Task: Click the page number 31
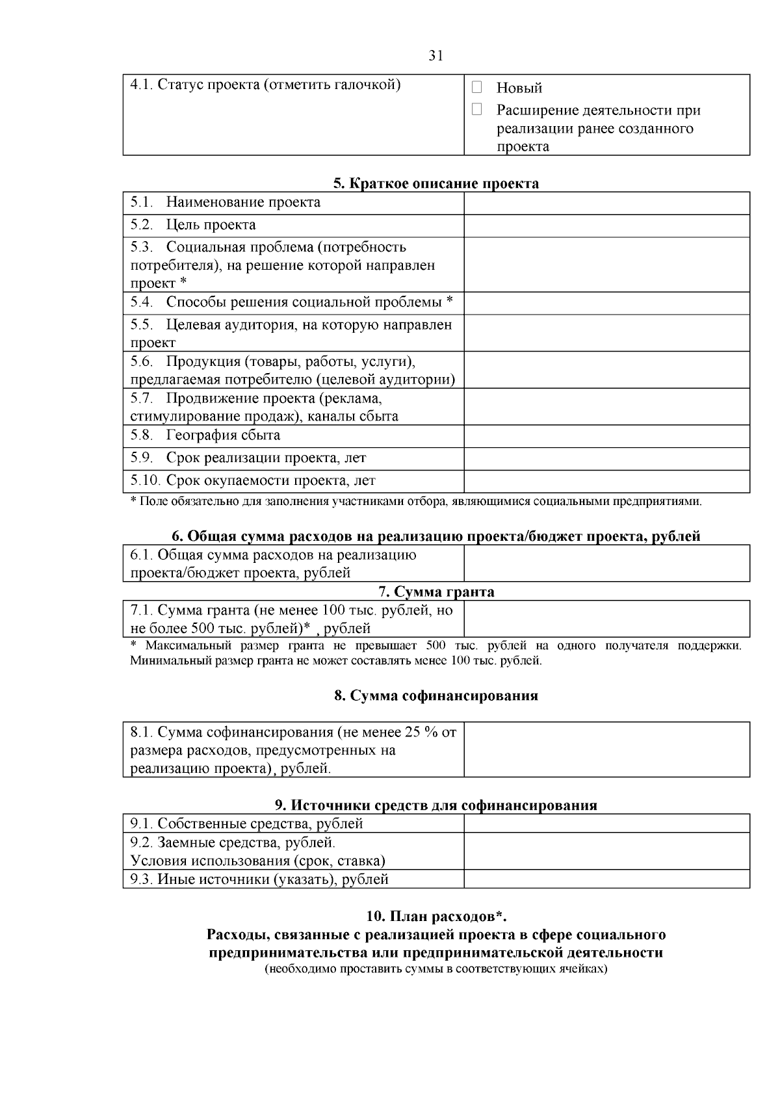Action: pos(436,56)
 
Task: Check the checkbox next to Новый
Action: pos(476,87)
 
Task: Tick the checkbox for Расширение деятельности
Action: pos(476,110)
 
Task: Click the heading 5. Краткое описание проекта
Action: pos(436,183)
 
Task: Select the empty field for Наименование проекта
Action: pos(606,203)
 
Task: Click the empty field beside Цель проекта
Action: pos(606,226)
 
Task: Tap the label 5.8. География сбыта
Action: pos(205,435)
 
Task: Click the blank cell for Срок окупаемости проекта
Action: pos(606,481)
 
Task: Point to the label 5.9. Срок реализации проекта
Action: pos(248,458)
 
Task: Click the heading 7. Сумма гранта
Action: pos(436,591)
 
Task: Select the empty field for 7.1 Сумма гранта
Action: pos(606,619)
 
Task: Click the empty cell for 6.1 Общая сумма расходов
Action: pos(606,563)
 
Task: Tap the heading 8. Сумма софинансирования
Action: pos(436,695)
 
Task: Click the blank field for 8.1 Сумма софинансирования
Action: pos(606,749)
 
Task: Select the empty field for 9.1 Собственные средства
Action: pos(606,824)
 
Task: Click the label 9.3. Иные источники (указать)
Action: pos(259,879)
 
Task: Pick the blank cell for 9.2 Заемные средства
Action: pos(606,851)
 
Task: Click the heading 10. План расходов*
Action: pos(436,916)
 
